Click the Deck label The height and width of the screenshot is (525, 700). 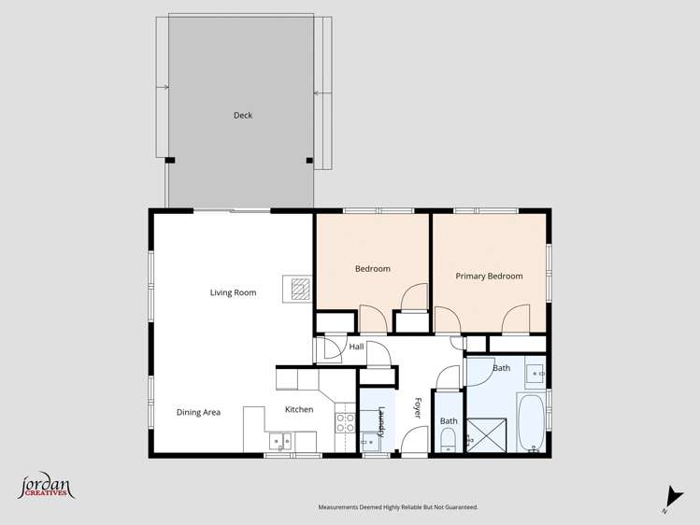(243, 116)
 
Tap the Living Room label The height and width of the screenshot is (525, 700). (233, 292)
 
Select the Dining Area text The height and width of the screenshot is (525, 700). (198, 412)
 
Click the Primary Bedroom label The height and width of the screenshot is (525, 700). (489, 276)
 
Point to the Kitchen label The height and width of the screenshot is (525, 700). (299, 409)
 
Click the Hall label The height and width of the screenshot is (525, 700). (356, 347)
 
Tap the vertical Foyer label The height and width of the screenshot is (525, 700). (418, 408)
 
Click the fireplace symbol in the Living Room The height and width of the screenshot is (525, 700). (298, 289)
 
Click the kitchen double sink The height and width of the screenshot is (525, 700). (279, 441)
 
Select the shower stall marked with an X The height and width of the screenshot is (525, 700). (486, 433)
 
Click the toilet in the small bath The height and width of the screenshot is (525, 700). (449, 441)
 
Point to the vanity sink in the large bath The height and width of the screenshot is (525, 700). (536, 374)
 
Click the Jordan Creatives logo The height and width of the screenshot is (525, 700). (46, 486)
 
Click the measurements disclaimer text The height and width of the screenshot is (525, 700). (397, 507)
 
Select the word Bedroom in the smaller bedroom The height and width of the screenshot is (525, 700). (372, 269)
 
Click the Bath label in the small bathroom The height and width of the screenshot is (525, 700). (449, 421)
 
